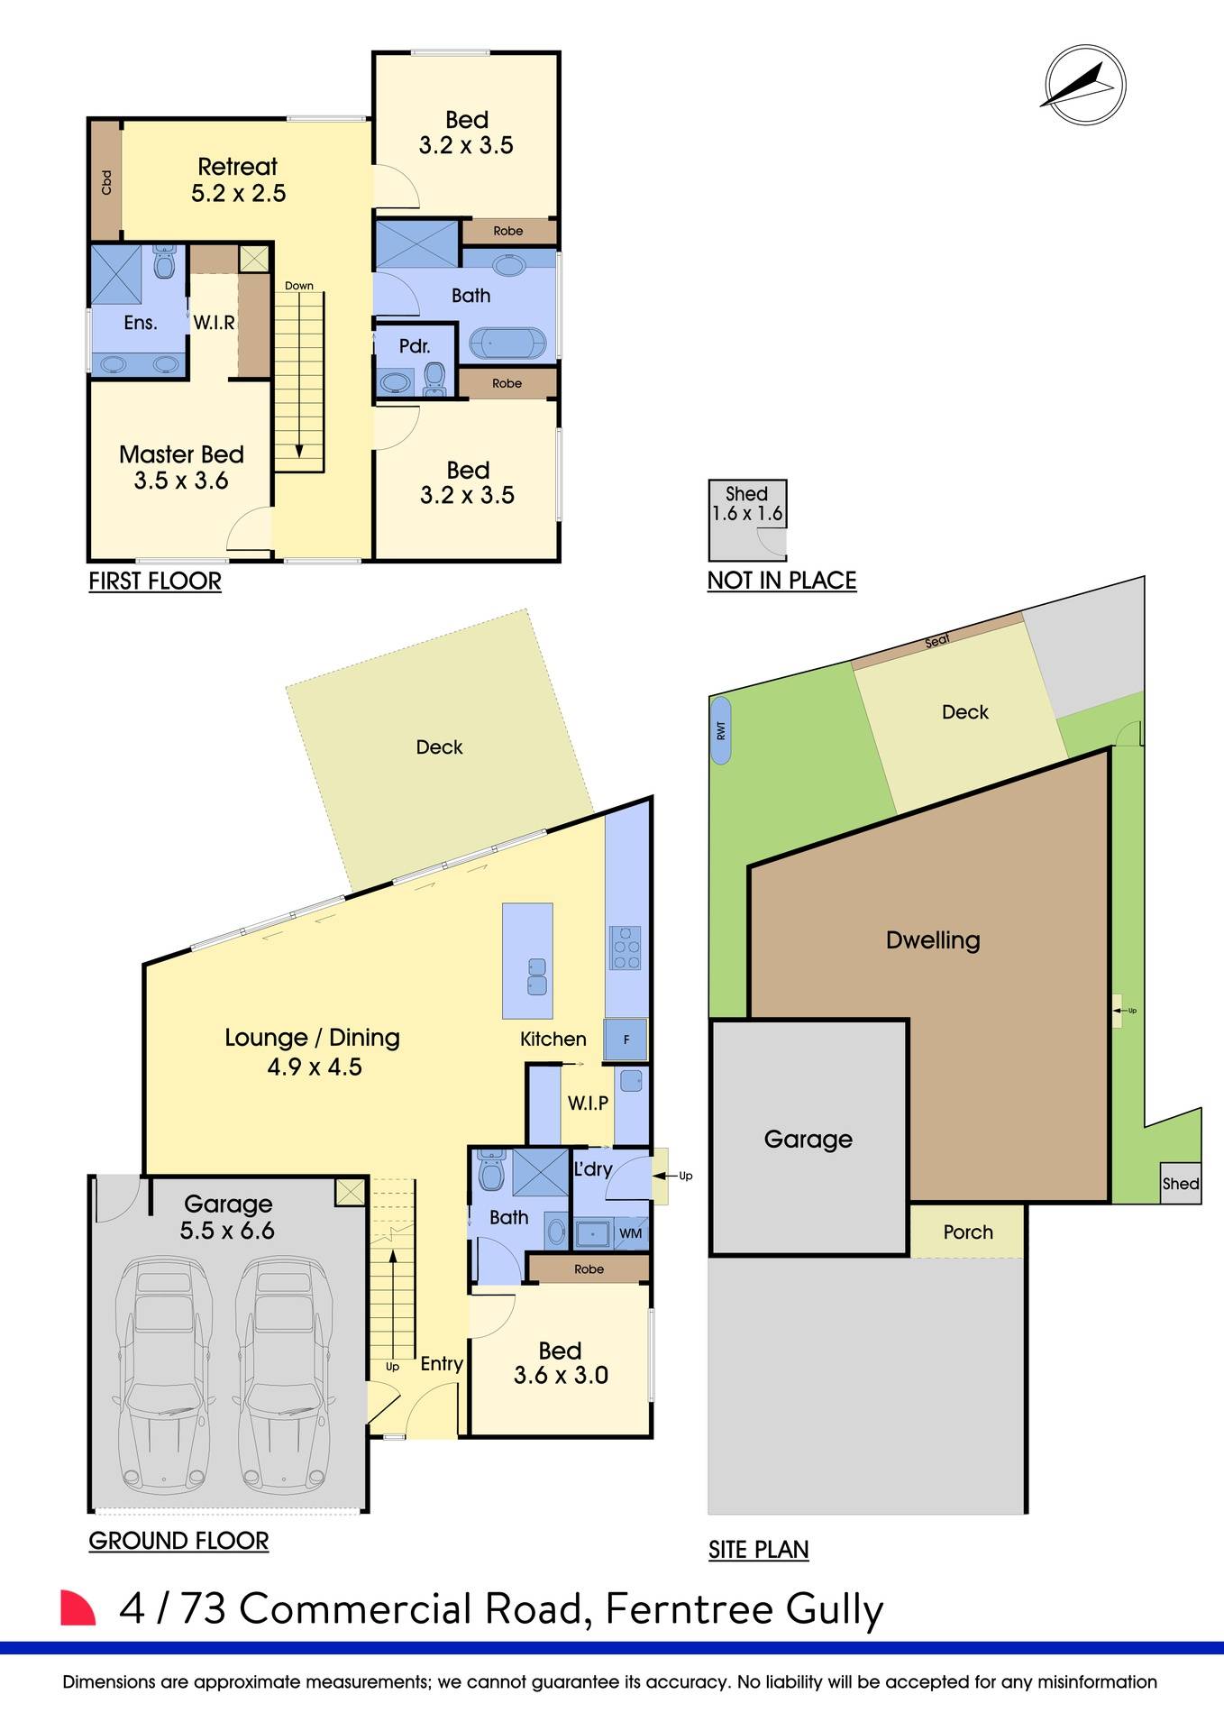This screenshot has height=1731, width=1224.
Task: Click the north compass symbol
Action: pyautogui.click(x=1084, y=86)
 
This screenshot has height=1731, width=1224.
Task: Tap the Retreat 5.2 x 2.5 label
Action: pyautogui.click(x=238, y=179)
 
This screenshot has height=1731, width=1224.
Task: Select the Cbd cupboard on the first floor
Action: pyautogui.click(x=106, y=182)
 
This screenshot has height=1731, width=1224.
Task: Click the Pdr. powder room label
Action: pyautogui.click(x=415, y=346)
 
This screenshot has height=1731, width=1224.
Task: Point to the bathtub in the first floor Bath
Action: pyautogui.click(x=507, y=344)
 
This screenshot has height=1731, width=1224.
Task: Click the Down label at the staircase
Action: pyautogui.click(x=299, y=286)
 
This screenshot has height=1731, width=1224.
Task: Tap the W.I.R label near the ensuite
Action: pyautogui.click(x=215, y=323)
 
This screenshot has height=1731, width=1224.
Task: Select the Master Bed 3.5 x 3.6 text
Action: pyautogui.click(x=181, y=467)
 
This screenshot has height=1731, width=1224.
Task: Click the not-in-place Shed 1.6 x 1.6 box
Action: pyautogui.click(x=747, y=519)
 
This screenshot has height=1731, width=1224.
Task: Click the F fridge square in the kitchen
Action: pyautogui.click(x=626, y=1040)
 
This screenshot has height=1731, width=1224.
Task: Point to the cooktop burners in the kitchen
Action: pyautogui.click(x=626, y=948)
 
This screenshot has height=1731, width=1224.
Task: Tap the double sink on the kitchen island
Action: pyautogui.click(x=537, y=976)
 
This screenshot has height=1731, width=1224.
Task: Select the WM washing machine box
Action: pyautogui.click(x=631, y=1233)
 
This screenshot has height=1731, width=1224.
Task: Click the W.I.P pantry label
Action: pyautogui.click(x=588, y=1103)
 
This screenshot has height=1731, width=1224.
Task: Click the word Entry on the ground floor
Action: pyautogui.click(x=442, y=1364)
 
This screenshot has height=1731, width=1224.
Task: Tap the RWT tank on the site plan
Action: pyautogui.click(x=721, y=730)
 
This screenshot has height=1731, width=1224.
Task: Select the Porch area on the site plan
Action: pyautogui.click(x=968, y=1232)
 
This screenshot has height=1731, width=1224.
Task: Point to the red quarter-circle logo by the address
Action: pyautogui.click(x=77, y=1608)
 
